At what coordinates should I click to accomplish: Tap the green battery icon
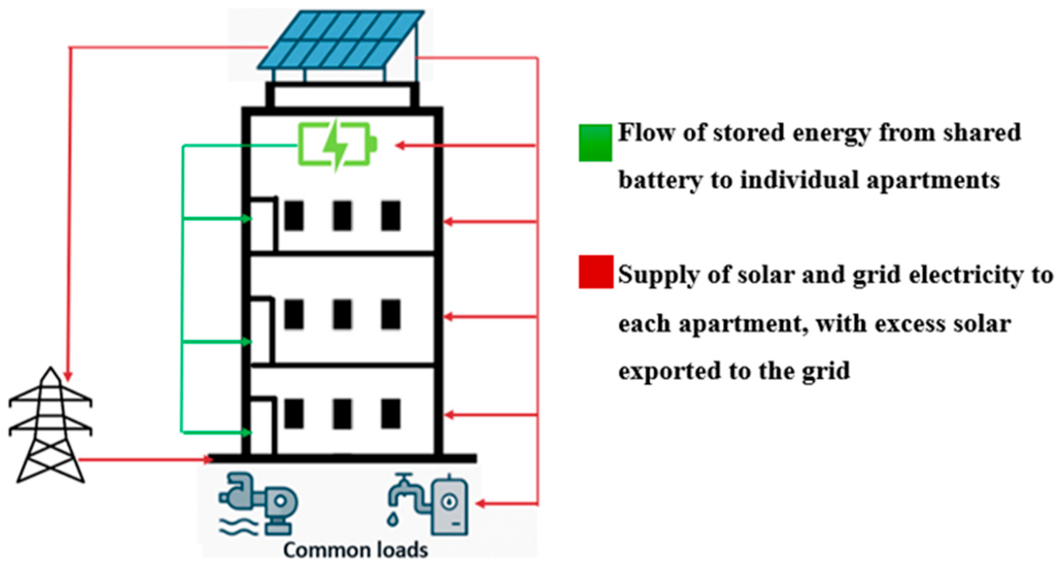coord(336,145)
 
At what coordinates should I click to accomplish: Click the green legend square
coord(595,143)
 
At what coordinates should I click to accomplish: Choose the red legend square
coord(595,272)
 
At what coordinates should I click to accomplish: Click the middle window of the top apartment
coord(343,215)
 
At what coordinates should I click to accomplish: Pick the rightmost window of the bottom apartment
coord(390,413)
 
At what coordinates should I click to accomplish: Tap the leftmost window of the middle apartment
coord(294,315)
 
